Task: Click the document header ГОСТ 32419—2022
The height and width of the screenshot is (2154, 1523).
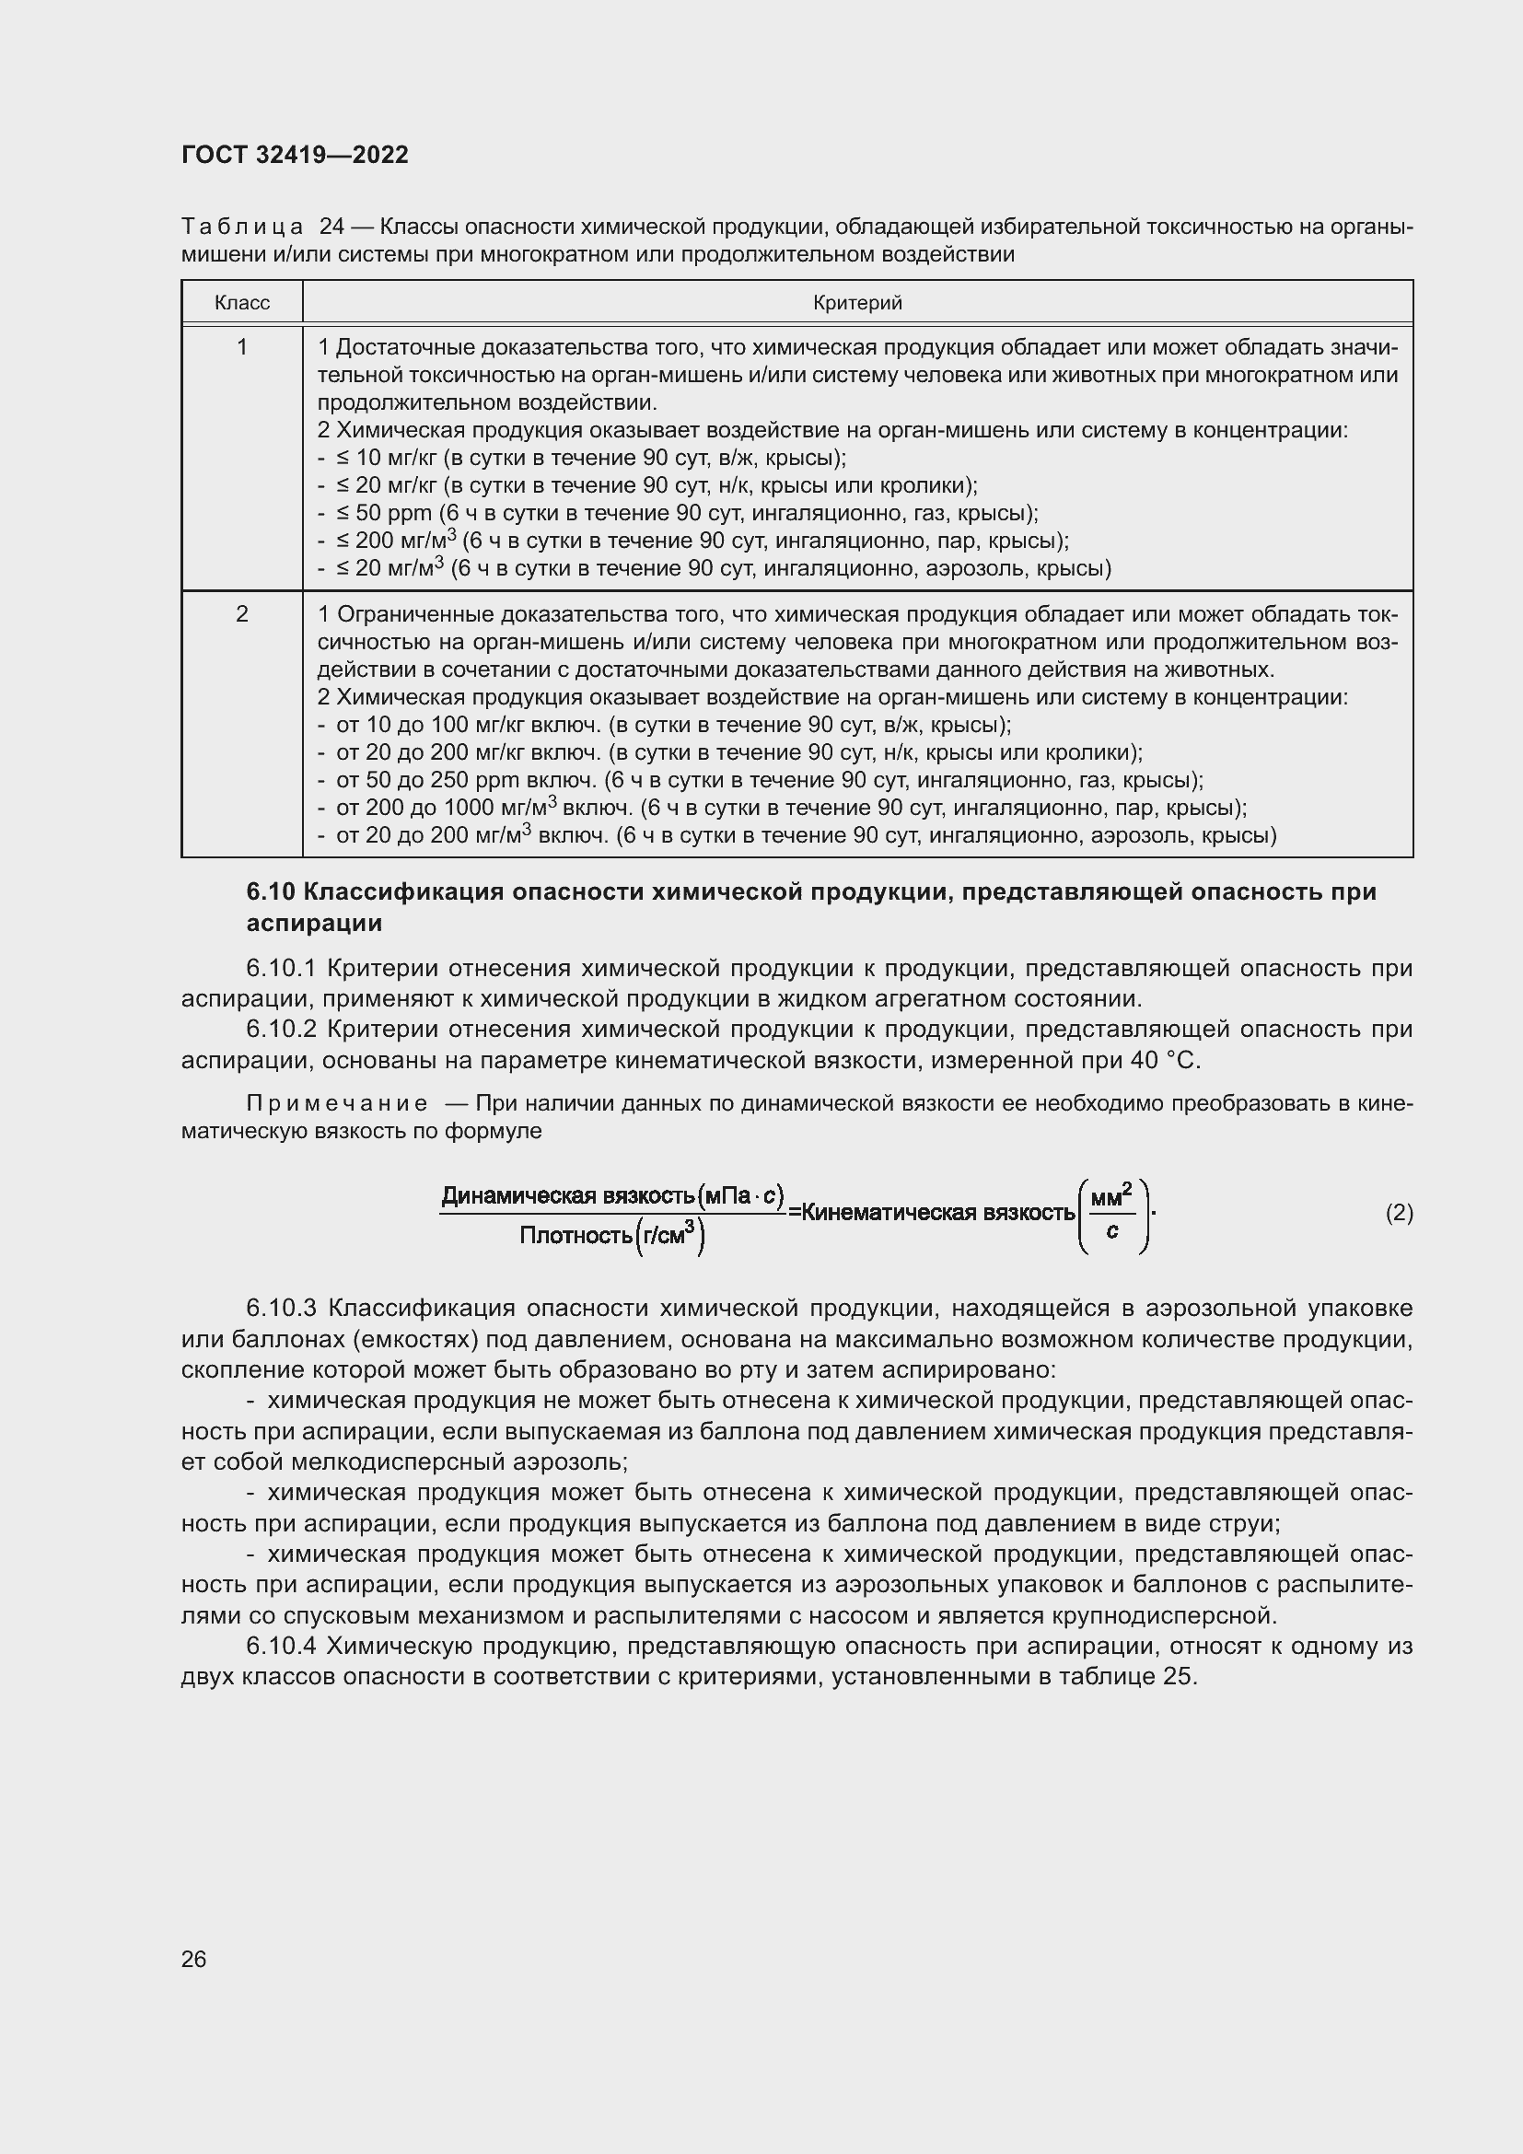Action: coord(295,155)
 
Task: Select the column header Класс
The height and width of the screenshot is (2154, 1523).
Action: coord(242,303)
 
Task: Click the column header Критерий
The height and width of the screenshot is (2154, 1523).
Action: coord(857,303)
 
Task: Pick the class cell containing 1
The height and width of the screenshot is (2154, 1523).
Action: coord(242,348)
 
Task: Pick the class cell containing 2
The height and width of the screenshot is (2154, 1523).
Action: coord(242,614)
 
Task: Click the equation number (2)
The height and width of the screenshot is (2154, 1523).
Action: coord(1399,1213)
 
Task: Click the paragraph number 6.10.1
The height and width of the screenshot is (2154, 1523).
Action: coord(282,968)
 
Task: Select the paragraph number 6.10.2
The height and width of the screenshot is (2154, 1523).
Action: coord(282,1030)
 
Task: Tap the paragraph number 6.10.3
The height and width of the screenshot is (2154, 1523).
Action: coord(282,1308)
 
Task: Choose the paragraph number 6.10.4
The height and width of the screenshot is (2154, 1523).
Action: coord(282,1647)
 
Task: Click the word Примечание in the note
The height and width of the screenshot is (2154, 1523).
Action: coord(337,1103)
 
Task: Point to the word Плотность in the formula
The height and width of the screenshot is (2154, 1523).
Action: coord(575,1236)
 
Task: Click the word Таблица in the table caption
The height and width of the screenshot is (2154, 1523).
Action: coord(242,227)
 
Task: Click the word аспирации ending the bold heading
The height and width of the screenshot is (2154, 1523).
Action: coord(314,924)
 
